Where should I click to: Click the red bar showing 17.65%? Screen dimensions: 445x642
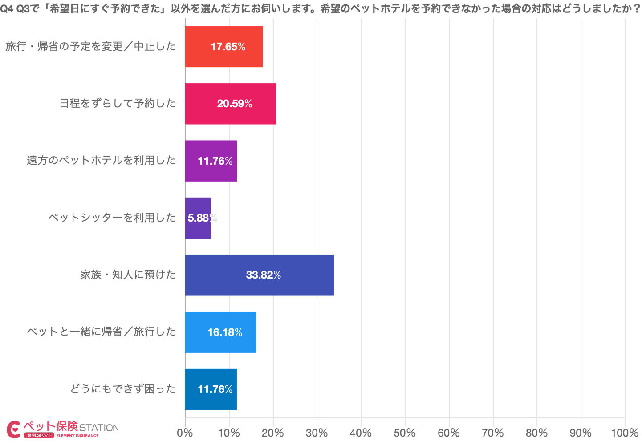click(223, 47)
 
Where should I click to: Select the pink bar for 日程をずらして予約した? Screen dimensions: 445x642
click(230, 104)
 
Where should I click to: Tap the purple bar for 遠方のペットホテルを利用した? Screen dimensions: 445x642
click(211, 161)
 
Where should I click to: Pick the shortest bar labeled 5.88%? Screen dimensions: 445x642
click(198, 218)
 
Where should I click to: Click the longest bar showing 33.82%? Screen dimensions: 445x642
click(259, 275)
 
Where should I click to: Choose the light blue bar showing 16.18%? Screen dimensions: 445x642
click(220, 332)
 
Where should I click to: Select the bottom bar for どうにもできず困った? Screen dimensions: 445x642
click(211, 389)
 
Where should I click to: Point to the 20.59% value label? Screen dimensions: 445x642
click(235, 104)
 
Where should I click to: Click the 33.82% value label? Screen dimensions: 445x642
click(264, 275)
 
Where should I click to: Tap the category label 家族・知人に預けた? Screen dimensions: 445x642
click(128, 275)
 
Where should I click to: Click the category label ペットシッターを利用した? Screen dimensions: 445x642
click(112, 218)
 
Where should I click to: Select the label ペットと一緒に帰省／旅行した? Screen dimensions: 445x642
click(102, 332)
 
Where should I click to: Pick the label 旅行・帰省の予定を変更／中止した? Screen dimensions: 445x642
click(91, 47)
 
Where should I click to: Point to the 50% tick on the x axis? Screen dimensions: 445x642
click(405, 433)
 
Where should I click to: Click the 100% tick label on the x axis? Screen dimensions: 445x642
click(625, 433)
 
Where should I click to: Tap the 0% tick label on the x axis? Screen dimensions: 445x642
click(185, 433)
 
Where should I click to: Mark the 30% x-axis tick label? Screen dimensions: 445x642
click(317, 433)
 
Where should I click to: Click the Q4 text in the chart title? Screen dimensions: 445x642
click(8, 9)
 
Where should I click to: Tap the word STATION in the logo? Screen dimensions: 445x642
click(99, 428)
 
